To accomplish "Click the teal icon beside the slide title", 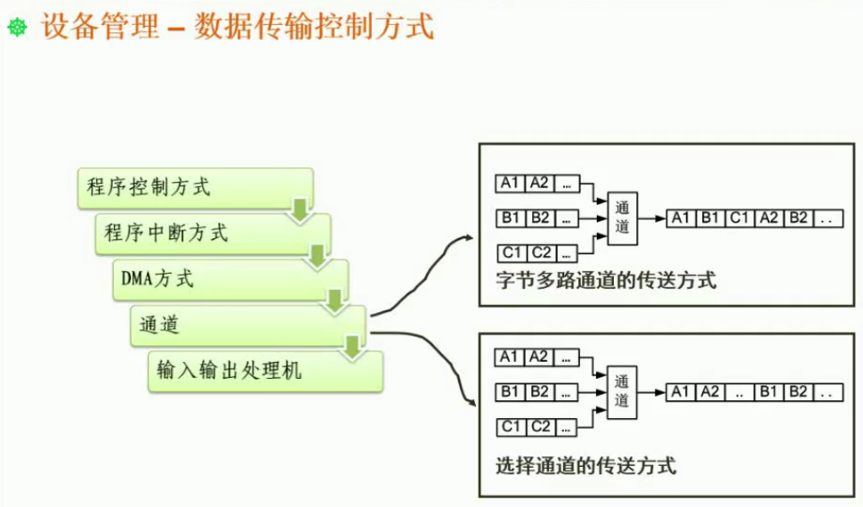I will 18,28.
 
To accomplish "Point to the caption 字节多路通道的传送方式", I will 606,281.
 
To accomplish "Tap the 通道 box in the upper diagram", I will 622,216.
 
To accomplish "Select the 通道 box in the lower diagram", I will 622,391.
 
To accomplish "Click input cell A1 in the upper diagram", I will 510,183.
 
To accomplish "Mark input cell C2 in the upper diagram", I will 539,251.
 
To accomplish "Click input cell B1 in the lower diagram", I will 510,392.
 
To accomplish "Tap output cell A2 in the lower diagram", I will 709,392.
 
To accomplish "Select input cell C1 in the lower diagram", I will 510,427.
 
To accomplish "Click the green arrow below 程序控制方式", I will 299,211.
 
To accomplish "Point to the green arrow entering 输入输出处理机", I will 352,347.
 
